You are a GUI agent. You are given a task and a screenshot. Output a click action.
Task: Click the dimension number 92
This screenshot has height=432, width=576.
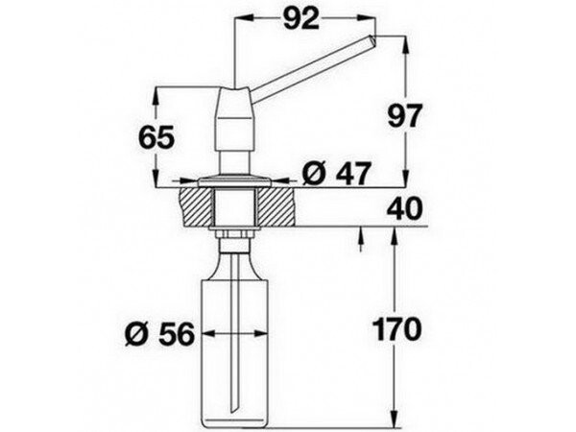[x=300, y=19]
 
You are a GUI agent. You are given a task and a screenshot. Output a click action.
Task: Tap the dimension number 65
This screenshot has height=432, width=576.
[x=156, y=137]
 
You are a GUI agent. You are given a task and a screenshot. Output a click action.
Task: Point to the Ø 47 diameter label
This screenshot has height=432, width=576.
[x=334, y=174]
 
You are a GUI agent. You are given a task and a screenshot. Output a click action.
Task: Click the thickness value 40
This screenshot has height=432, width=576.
[x=404, y=208]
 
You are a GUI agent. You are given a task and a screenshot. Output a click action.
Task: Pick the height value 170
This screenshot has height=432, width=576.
[x=396, y=328]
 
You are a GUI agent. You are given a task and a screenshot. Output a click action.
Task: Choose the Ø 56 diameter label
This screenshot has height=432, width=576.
[x=159, y=334]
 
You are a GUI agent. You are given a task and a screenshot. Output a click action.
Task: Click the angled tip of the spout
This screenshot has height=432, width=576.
[x=372, y=40]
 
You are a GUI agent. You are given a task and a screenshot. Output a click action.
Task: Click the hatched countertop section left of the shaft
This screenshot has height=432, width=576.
[x=196, y=206]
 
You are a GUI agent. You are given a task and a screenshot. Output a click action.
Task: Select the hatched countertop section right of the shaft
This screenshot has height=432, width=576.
[x=276, y=206]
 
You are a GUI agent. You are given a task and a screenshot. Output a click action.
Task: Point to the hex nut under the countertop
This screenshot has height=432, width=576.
[x=234, y=234]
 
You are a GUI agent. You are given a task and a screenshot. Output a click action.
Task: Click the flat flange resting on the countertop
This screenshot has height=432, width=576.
[x=235, y=181]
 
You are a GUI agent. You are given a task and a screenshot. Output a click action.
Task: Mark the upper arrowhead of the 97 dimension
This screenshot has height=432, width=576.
[x=405, y=45]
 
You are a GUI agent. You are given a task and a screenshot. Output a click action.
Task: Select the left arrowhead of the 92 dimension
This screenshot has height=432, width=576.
[x=244, y=16]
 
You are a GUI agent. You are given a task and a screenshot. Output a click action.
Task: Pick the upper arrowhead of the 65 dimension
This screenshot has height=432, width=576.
[x=156, y=96]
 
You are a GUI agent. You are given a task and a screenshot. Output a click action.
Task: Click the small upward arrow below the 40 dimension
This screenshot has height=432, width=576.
[x=360, y=239]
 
